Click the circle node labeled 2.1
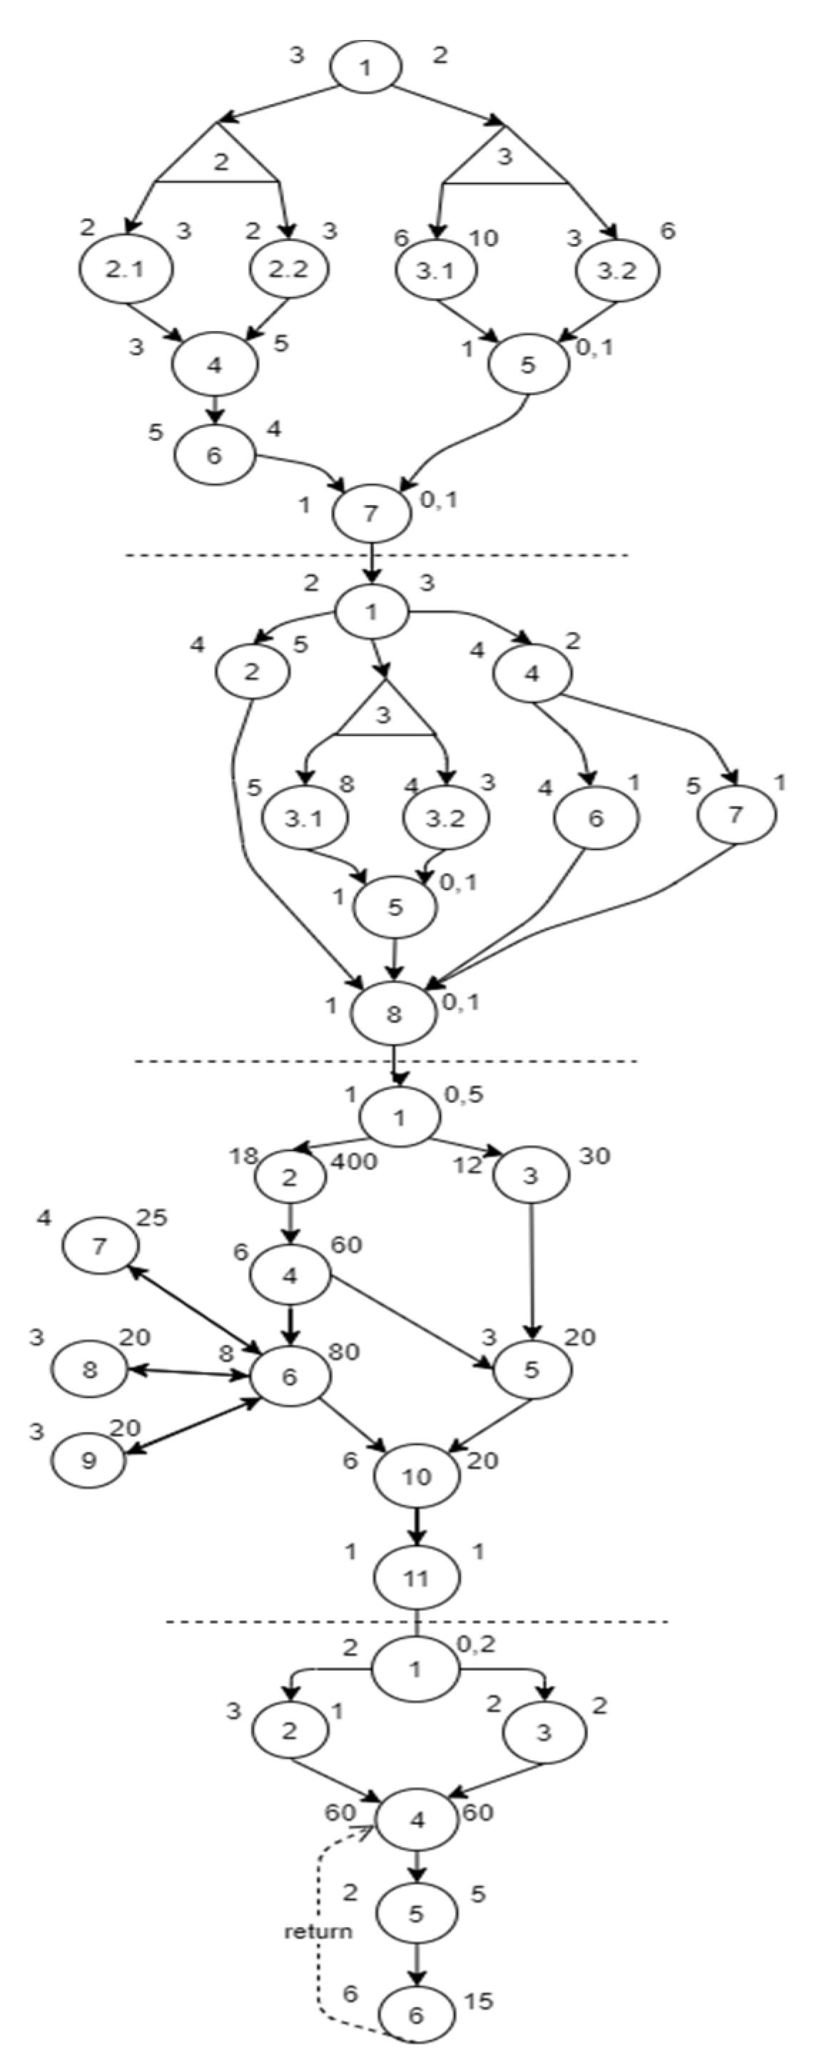(x=126, y=270)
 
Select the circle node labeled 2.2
(x=289, y=270)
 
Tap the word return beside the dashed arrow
(x=318, y=1931)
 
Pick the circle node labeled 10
(x=417, y=1476)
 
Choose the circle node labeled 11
(x=416, y=1577)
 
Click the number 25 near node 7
(x=151, y=1218)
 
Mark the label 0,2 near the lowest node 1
(x=476, y=1645)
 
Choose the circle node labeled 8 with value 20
(x=89, y=1369)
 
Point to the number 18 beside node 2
(x=242, y=1157)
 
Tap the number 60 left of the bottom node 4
(x=340, y=1813)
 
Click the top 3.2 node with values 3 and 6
(x=617, y=270)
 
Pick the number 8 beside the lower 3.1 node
(x=347, y=784)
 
